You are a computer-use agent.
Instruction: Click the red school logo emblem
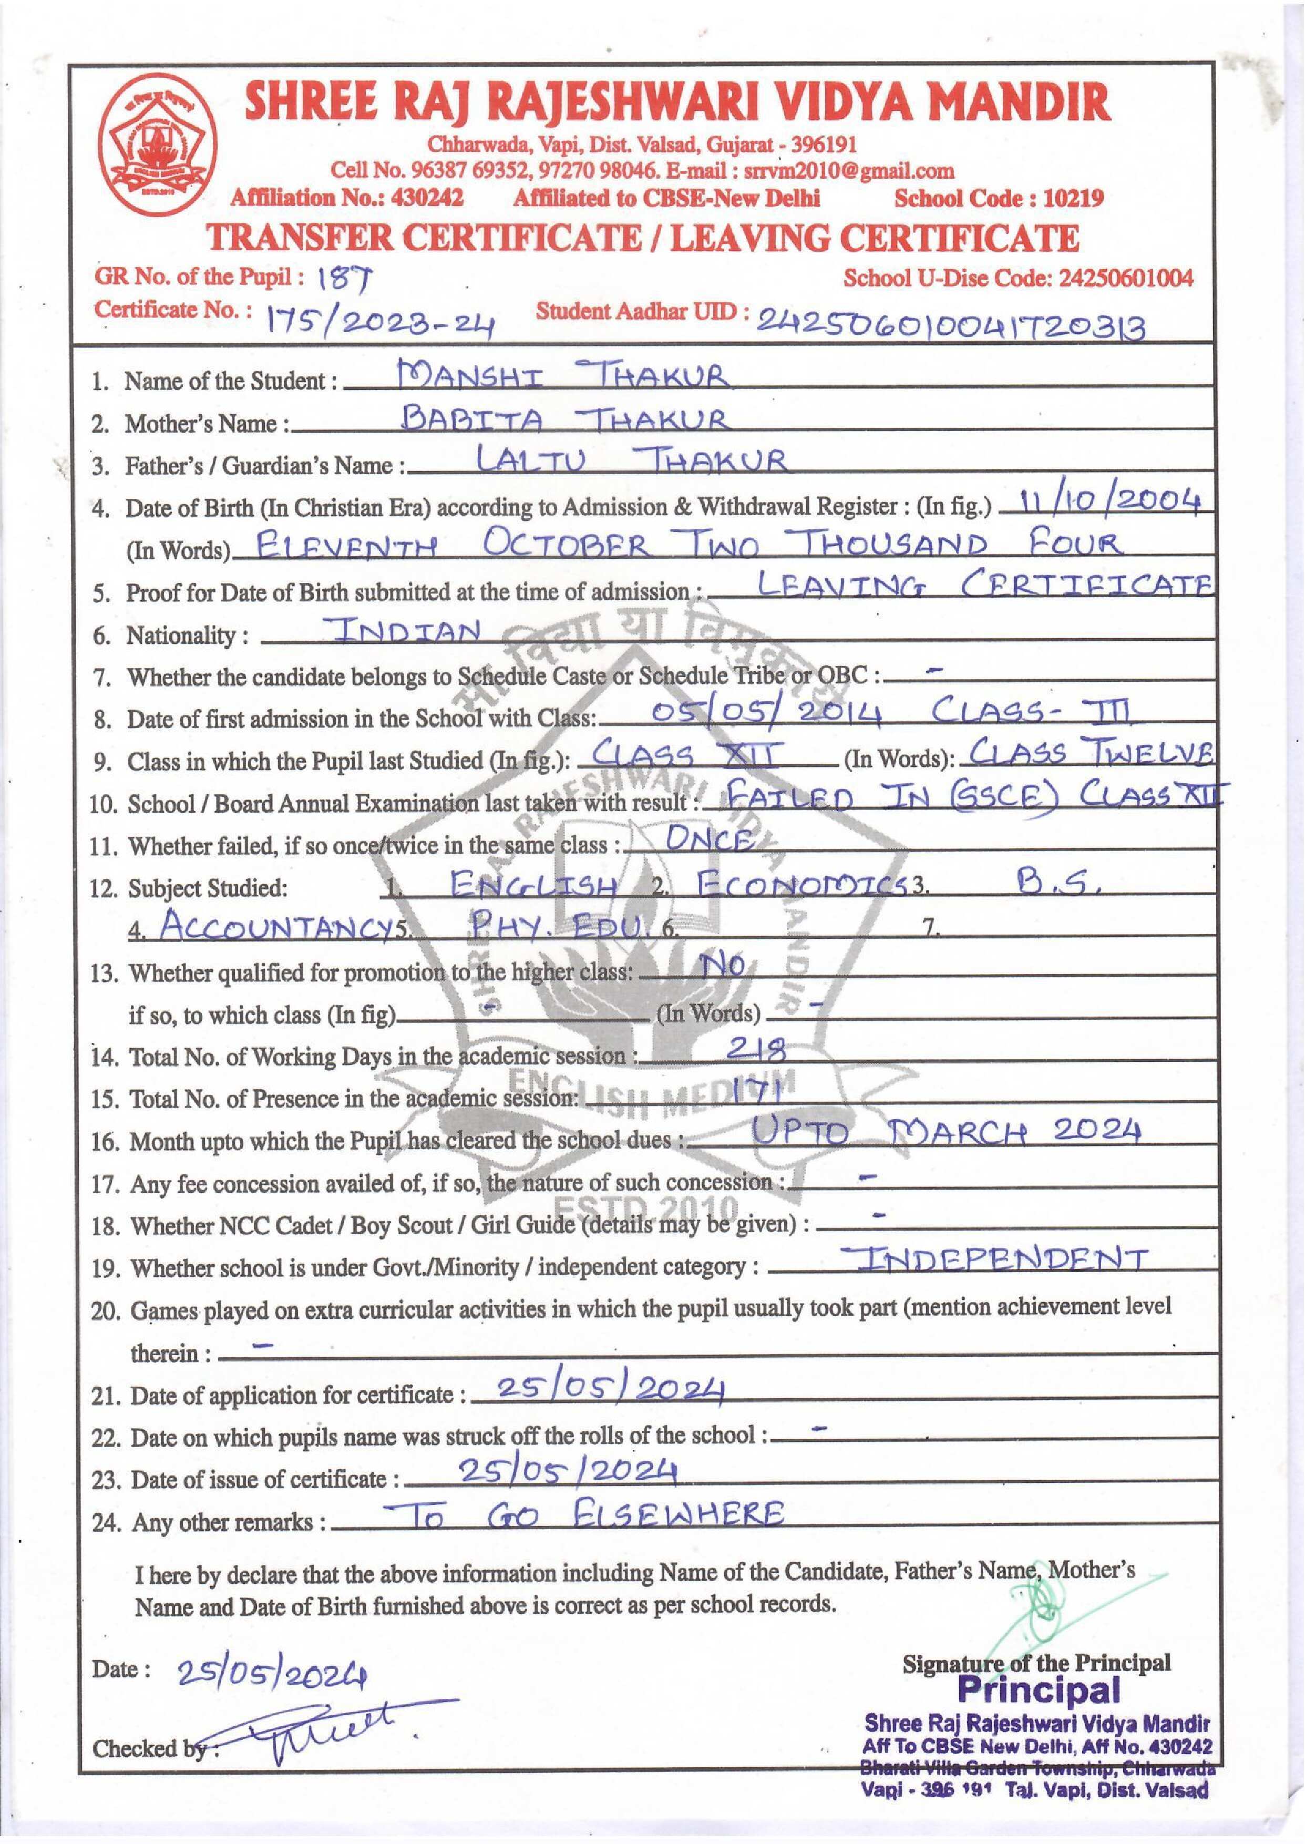[158, 148]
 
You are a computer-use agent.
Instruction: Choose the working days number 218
[755, 1048]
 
